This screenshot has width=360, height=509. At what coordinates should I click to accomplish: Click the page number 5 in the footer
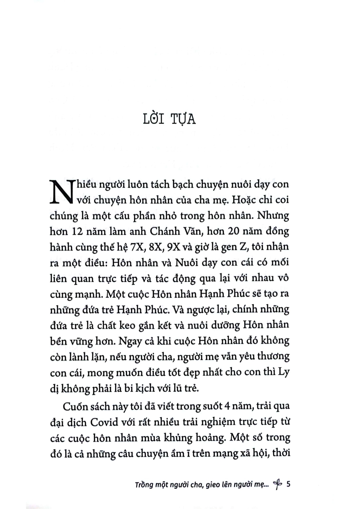coord(288,485)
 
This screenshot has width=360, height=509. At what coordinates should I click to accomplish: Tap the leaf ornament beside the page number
coord(277,485)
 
